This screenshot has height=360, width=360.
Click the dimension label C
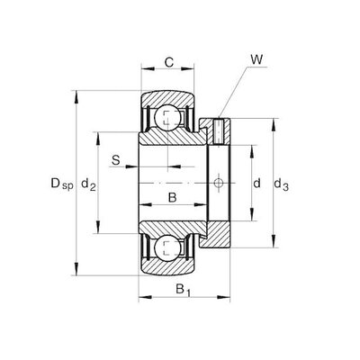pos(169,62)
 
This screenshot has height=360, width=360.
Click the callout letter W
pos(256,59)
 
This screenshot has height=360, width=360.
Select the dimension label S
pos(116,160)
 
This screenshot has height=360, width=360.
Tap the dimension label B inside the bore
pos(172,198)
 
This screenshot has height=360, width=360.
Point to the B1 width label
pos(183,290)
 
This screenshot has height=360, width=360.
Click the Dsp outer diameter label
pos(62,184)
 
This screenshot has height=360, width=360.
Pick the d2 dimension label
pos(88,184)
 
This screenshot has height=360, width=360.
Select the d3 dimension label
pos(281,184)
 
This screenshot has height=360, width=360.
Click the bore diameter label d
pos(256,183)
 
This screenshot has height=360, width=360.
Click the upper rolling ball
pos(168,118)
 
